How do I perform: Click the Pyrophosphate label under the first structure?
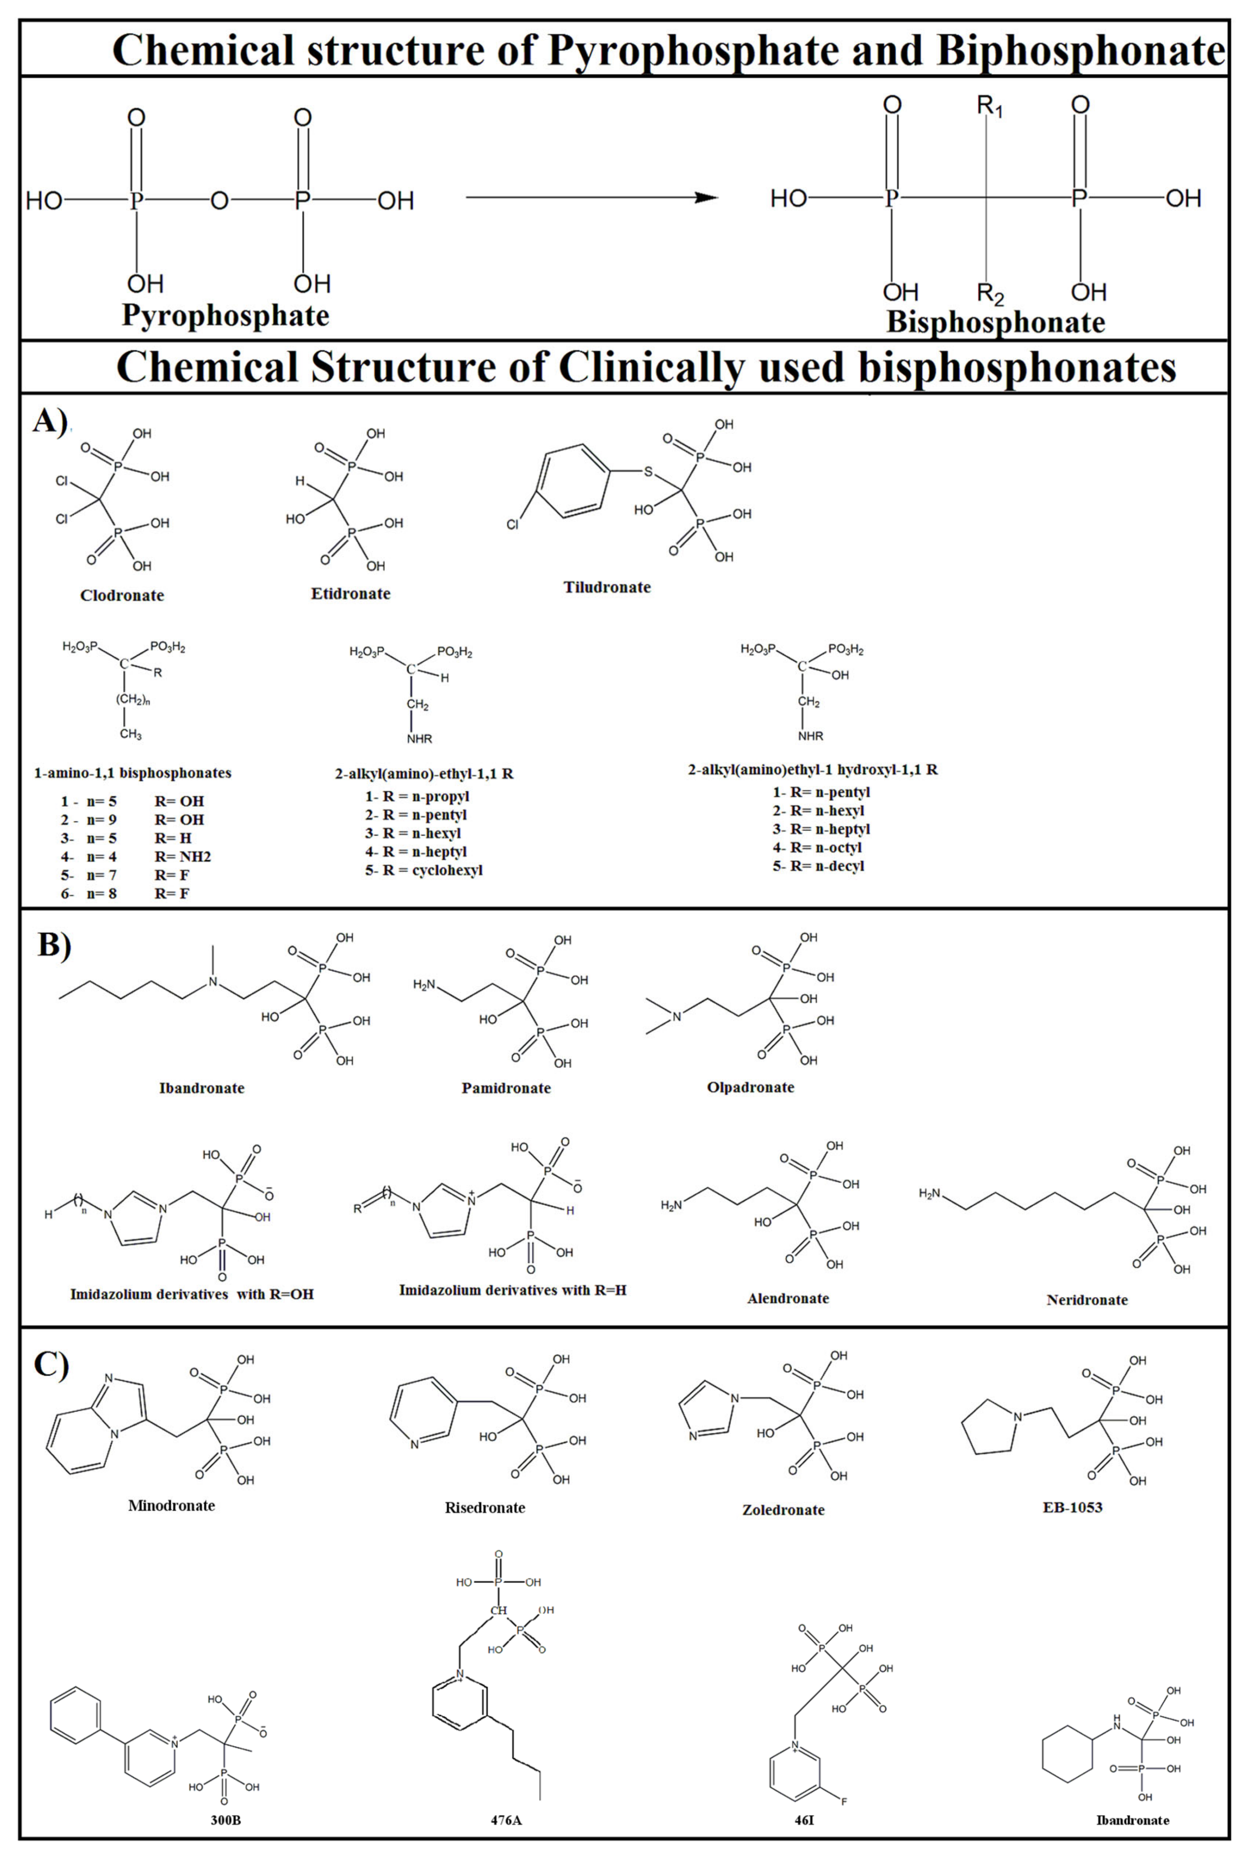point(225,315)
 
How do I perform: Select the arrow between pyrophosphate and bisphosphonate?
point(591,197)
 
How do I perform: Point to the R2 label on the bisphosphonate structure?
point(990,294)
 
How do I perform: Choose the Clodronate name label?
point(122,595)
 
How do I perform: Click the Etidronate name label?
point(351,593)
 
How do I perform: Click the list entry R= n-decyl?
point(818,866)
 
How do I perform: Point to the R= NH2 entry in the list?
point(183,856)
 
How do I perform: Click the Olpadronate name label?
point(751,1087)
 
